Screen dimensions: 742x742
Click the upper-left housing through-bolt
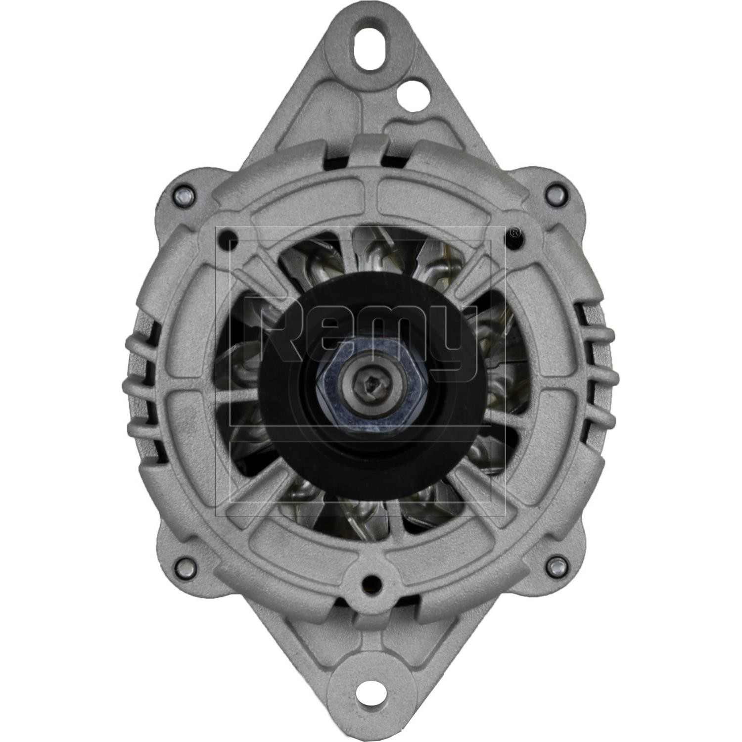(x=183, y=193)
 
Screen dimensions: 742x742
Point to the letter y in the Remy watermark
(x=453, y=341)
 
